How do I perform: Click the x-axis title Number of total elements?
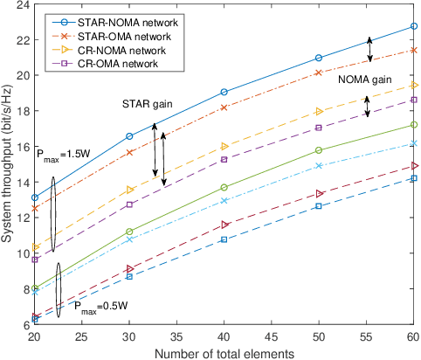pos(218,353)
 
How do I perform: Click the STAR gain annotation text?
pos(146,104)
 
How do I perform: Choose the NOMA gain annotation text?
pos(364,79)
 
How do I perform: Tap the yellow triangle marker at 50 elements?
pos(319,112)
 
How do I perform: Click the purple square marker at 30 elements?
pos(130,204)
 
